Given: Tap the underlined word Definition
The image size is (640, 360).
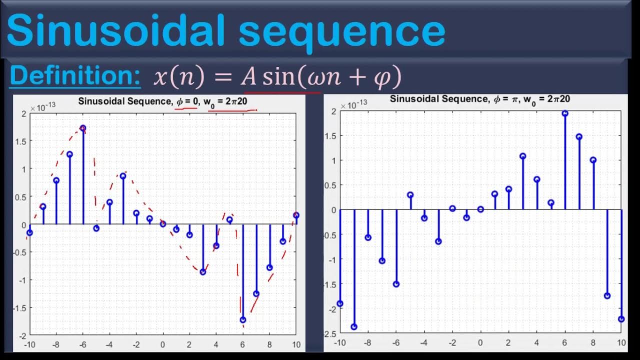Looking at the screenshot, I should click(75, 76).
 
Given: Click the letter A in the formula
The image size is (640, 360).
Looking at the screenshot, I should click(248, 77).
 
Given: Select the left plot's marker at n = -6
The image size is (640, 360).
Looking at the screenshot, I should click(83, 128).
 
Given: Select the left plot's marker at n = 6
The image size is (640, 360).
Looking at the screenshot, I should click(243, 320).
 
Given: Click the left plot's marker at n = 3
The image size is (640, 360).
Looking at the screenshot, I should click(203, 272).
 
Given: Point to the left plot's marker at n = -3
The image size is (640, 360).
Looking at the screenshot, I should click(123, 176).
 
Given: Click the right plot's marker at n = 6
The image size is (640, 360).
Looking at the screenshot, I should click(565, 113).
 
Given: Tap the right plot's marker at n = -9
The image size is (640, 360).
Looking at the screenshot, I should click(354, 327).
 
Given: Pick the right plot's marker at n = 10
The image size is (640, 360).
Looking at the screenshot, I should click(621, 319).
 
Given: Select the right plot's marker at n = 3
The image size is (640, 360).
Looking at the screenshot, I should click(523, 156).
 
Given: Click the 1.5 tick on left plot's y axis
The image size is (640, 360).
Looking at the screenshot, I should click(22, 141).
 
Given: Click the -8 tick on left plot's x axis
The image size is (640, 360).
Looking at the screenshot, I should click(56, 344).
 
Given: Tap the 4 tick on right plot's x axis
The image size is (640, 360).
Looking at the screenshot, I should click(537, 342).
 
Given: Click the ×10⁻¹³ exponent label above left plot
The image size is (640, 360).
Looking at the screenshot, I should click(43, 108).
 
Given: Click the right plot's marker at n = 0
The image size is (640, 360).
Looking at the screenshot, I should click(480, 209).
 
